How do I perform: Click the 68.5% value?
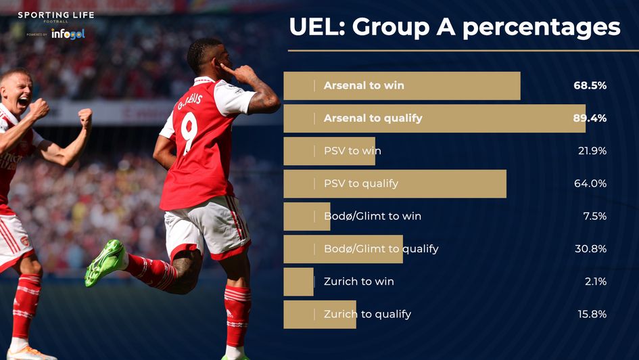click(590, 86)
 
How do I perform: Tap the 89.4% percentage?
click(590, 118)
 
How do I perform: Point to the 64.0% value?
click(590, 184)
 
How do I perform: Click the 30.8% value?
click(590, 249)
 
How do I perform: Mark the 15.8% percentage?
click(590, 314)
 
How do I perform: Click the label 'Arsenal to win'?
click(364, 86)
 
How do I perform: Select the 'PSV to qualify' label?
click(361, 184)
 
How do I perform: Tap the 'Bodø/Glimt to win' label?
click(373, 217)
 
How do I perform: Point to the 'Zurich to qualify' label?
click(367, 314)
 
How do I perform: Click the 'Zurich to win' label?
click(359, 282)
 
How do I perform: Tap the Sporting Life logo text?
click(56, 16)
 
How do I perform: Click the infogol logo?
click(68, 33)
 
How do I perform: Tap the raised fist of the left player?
click(85, 118)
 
